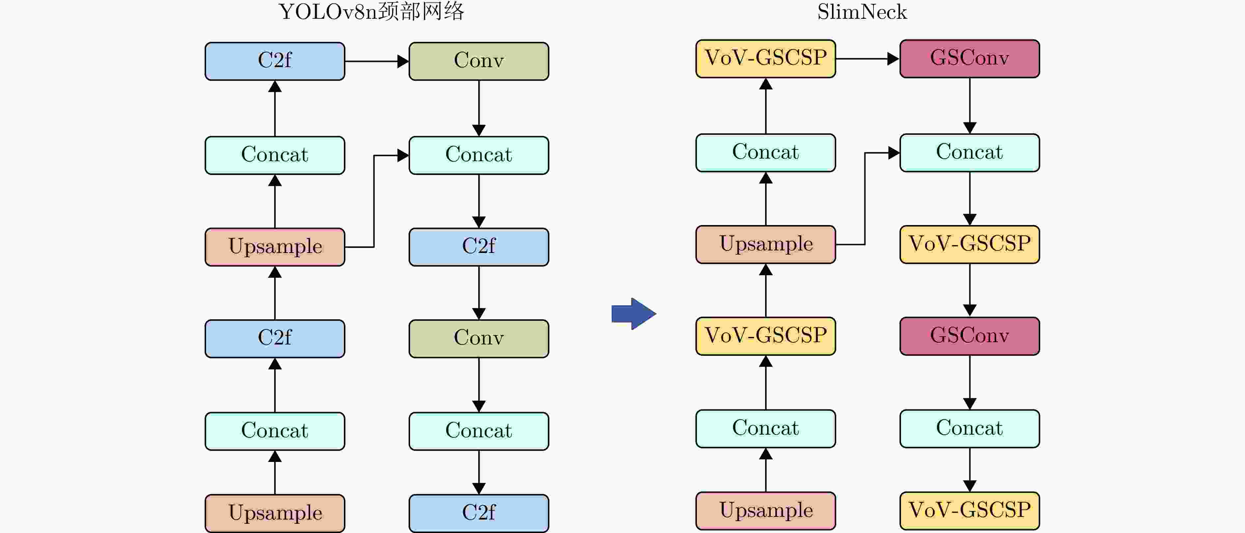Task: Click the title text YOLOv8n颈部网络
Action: pyautogui.click(x=371, y=12)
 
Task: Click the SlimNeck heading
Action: pyautogui.click(x=862, y=12)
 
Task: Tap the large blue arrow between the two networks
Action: pyautogui.click(x=634, y=314)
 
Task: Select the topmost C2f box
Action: pyautogui.click(x=275, y=61)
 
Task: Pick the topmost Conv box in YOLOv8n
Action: pyautogui.click(x=479, y=61)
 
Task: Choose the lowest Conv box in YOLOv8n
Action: pyautogui.click(x=479, y=339)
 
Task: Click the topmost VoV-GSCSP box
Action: pyautogui.click(x=765, y=59)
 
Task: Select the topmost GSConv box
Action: pyautogui.click(x=970, y=59)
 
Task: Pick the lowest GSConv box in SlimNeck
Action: pyautogui.click(x=970, y=336)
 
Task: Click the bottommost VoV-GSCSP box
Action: pyautogui.click(x=970, y=511)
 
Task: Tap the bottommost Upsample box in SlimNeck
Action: pyautogui.click(x=765, y=511)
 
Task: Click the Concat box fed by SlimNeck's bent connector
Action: pyautogui.click(x=970, y=153)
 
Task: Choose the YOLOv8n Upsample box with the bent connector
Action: pyautogui.click(x=275, y=247)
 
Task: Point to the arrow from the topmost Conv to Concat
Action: pyautogui.click(x=479, y=109)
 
